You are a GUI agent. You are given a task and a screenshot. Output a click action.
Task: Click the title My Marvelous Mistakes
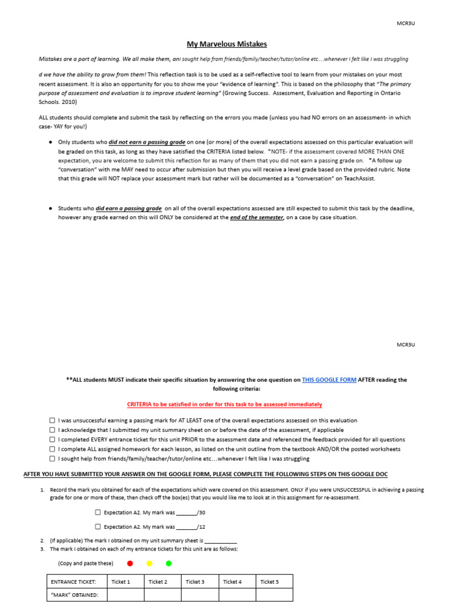227,44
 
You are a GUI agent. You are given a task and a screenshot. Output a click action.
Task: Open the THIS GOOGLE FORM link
329,380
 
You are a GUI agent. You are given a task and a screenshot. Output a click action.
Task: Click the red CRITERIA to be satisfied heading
225,404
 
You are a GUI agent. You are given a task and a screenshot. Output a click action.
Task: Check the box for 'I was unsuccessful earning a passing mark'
53,421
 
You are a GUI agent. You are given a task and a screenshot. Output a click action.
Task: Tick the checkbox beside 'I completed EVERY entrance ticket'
53,440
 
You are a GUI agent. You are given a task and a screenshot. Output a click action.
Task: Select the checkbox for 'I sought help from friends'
53,458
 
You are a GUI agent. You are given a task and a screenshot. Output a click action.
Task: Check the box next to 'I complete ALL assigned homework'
53,449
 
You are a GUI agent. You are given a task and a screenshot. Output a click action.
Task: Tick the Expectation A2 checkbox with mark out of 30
98,513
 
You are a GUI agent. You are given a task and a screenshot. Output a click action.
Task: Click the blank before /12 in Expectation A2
186,526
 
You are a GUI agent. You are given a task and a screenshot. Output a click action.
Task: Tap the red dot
130,564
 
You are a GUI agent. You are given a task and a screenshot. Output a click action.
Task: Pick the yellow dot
150,564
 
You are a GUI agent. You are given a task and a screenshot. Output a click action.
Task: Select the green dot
168,564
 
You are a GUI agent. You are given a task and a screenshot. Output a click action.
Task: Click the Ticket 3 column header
195,582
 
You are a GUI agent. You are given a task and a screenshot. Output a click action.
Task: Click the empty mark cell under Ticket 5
274,595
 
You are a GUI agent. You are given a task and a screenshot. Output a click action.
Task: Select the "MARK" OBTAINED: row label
75,595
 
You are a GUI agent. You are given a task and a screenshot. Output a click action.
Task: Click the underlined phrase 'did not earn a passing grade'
147,142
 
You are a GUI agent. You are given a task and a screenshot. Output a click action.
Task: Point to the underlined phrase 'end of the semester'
257,217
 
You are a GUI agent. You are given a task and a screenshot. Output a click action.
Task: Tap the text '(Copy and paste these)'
86,564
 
